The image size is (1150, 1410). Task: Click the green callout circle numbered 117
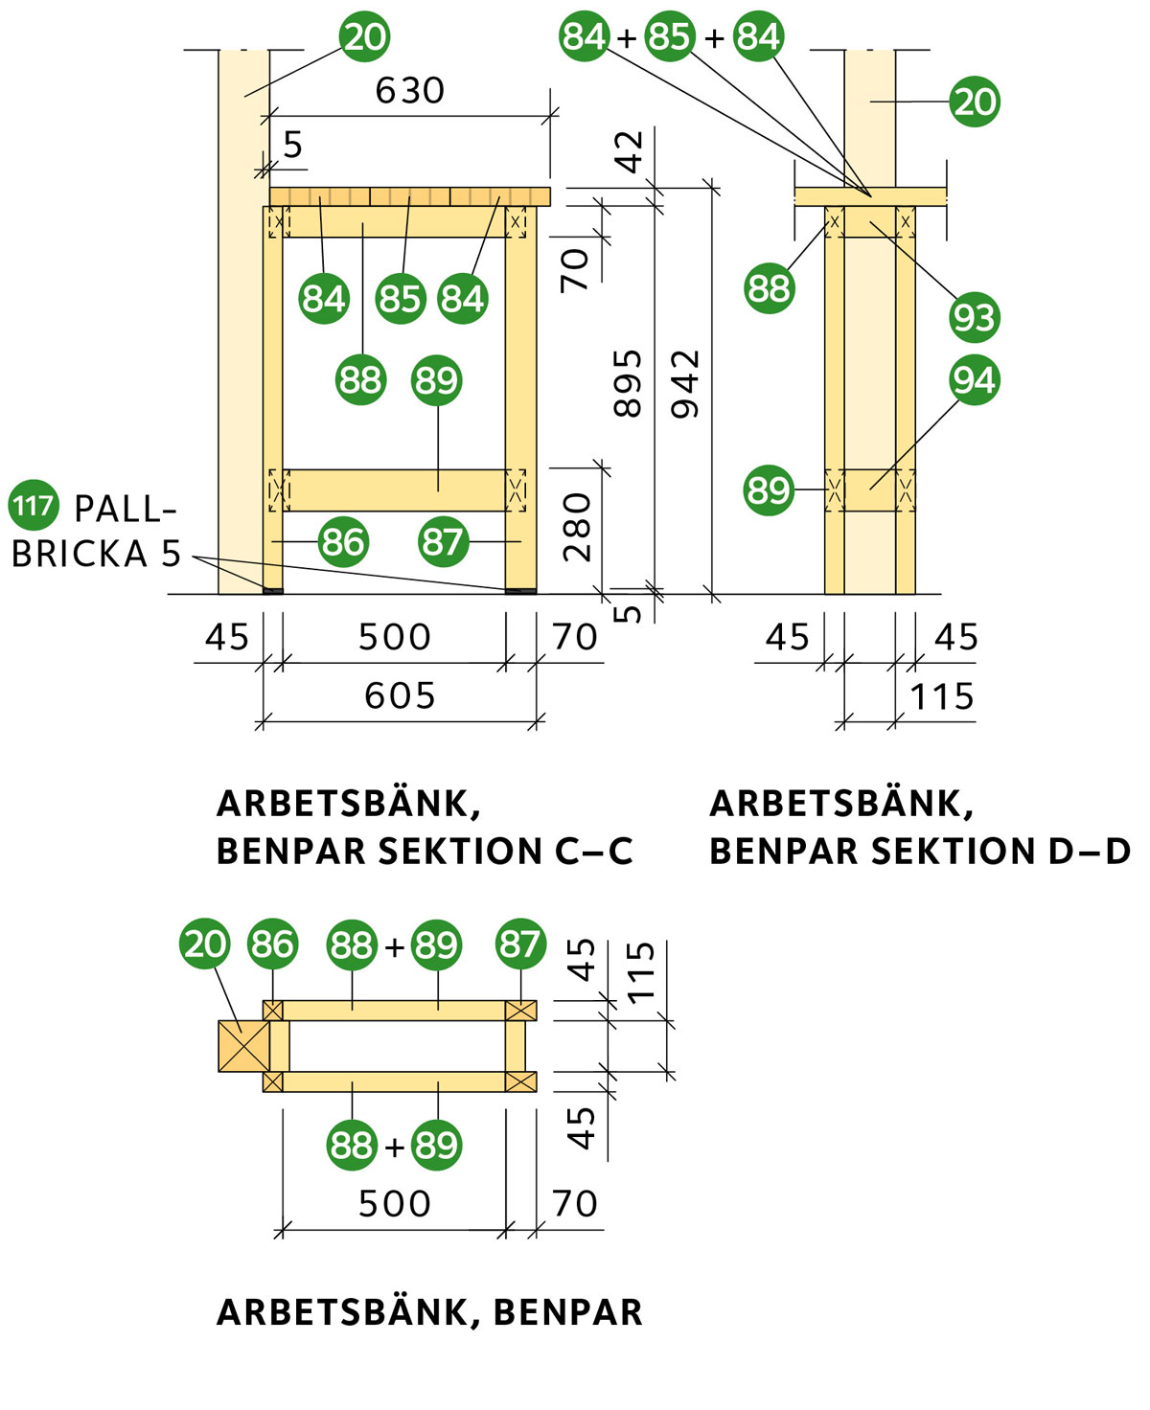tap(34, 505)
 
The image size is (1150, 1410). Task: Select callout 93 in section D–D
tap(975, 317)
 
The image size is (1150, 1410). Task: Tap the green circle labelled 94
tap(975, 380)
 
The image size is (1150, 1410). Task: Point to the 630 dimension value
tap(410, 91)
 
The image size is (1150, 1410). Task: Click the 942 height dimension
tap(686, 383)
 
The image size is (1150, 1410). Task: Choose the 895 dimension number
tap(628, 383)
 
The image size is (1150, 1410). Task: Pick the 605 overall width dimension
tap(400, 695)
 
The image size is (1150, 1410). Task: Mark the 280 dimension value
tap(577, 527)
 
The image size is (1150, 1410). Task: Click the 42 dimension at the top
tap(630, 151)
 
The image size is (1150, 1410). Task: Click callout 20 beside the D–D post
tap(975, 102)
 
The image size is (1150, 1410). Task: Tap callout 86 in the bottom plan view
tap(272, 944)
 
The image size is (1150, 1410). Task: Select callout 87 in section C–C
tap(443, 542)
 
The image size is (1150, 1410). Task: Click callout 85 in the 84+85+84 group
tap(669, 36)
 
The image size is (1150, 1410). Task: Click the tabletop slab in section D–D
tap(870, 196)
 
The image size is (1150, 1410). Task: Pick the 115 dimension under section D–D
tap(941, 696)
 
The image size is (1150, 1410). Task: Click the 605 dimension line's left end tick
tap(261, 721)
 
